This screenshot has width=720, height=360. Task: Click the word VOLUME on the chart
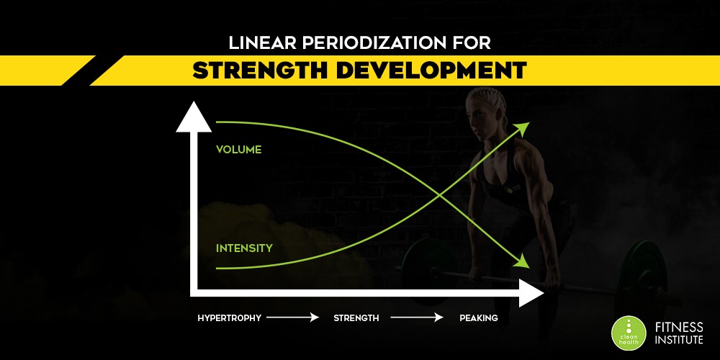(238, 150)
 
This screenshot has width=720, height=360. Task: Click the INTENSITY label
(244, 248)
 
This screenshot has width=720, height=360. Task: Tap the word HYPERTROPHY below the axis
(229, 318)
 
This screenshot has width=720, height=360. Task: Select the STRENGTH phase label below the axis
(356, 318)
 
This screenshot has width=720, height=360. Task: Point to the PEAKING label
(479, 318)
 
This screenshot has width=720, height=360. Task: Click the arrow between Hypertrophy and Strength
(292, 318)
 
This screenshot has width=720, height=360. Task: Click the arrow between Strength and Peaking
(417, 318)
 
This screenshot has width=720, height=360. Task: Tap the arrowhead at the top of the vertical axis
(194, 117)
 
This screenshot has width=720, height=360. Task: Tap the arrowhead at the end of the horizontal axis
(531, 292)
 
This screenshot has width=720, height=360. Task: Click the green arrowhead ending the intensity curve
(523, 128)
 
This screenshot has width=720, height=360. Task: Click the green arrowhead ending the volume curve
(522, 262)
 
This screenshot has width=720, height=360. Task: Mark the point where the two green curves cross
(439, 196)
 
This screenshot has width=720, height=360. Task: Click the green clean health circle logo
(629, 333)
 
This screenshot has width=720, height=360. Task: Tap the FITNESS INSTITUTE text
(679, 333)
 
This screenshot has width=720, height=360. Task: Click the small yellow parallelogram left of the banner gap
(48, 71)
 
